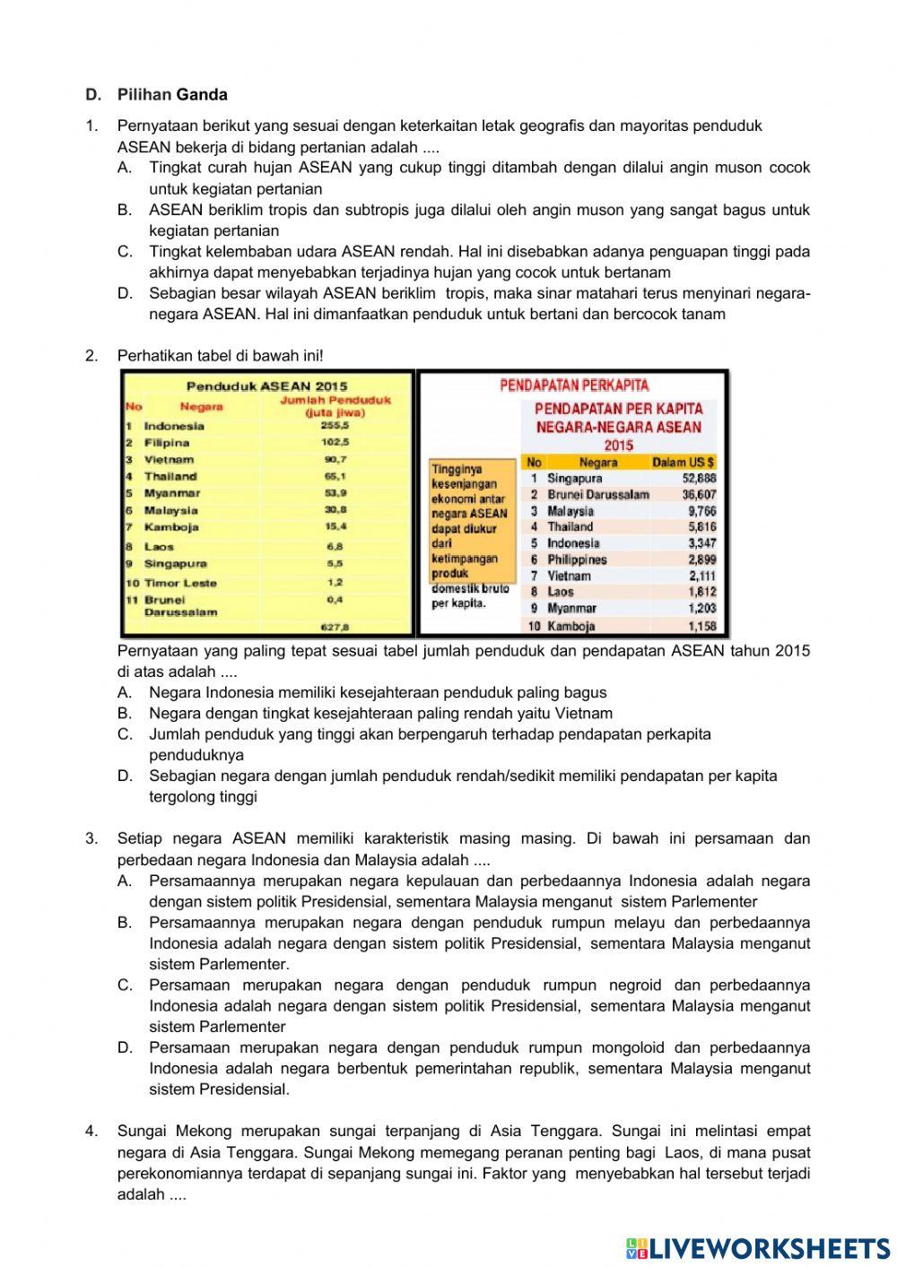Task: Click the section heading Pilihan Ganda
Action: coord(171,95)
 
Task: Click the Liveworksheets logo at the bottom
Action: coord(758,1247)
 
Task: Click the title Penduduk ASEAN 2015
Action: coord(266,386)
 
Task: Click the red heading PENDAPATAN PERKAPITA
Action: coord(574,386)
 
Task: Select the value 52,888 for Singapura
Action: coord(699,479)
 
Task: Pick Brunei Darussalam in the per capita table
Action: coord(598,495)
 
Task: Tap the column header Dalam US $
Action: coord(683,463)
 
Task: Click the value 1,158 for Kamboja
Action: coord(701,626)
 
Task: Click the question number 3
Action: coord(91,839)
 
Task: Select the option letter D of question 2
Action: coord(125,777)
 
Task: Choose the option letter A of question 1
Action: coord(125,168)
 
